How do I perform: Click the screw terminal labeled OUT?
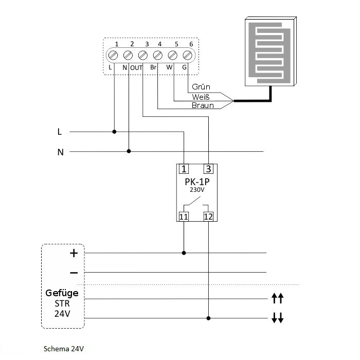click(x=143, y=55)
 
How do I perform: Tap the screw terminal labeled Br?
click(x=158, y=55)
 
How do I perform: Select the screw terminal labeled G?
click(x=188, y=55)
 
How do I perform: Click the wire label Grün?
click(x=201, y=87)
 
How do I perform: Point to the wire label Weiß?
click(x=201, y=97)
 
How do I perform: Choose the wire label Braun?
click(x=202, y=106)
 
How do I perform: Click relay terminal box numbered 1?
click(x=184, y=168)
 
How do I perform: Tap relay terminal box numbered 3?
click(x=208, y=168)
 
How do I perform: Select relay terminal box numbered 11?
click(x=184, y=217)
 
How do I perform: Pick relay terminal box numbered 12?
click(x=208, y=217)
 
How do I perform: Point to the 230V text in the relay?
click(x=196, y=190)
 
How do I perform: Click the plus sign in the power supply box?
click(x=74, y=253)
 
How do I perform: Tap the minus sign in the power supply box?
click(x=74, y=272)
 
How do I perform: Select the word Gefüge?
click(x=62, y=293)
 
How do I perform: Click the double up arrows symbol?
click(x=277, y=298)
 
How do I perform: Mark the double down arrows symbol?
click(x=277, y=319)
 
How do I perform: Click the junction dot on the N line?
click(x=129, y=151)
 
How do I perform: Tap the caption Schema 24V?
click(x=64, y=348)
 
